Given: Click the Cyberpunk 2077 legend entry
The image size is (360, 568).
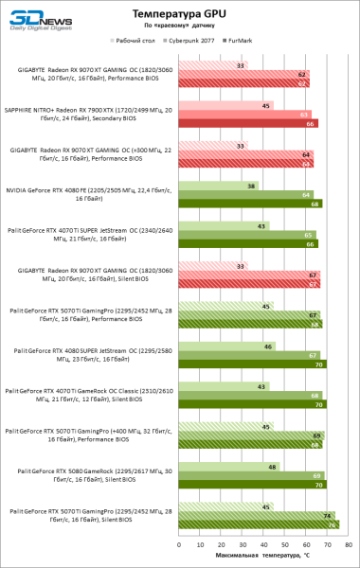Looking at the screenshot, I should click(193, 42).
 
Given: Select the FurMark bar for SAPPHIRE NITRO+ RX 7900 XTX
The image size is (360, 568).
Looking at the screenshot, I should click(257, 124).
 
